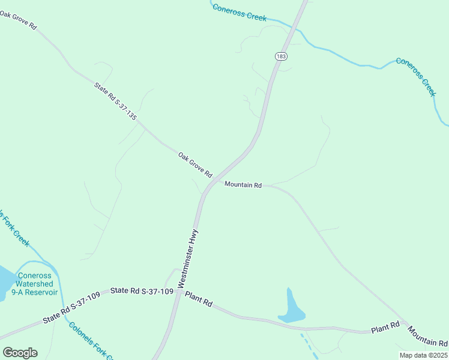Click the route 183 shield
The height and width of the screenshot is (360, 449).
click(x=281, y=56)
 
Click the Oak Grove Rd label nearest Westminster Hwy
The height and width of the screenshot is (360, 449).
click(x=195, y=164)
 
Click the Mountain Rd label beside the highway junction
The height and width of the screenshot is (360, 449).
click(x=243, y=185)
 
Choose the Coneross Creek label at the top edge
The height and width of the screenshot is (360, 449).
click(x=239, y=12)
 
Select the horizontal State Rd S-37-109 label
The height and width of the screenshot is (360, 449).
click(x=142, y=292)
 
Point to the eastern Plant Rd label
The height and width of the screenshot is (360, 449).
click(x=385, y=328)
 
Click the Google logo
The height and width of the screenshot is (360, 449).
click(x=20, y=353)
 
